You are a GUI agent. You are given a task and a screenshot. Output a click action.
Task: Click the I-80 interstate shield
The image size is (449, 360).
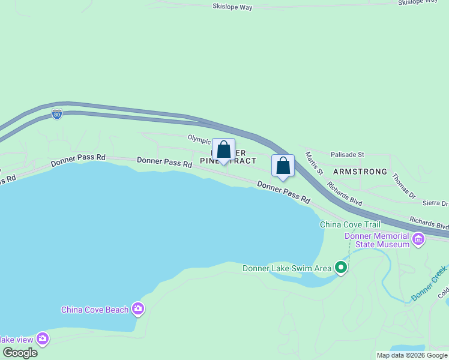pos(56,113)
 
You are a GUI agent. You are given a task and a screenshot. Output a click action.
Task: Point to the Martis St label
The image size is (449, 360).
pos(314,163)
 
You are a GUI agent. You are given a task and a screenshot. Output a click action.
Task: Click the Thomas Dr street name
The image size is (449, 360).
pos(403,186)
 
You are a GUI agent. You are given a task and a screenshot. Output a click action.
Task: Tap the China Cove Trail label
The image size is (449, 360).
pos(350,224)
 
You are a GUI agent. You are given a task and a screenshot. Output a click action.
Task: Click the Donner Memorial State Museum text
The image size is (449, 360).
pos(377,240)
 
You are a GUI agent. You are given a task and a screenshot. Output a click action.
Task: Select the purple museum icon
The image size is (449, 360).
pos(418,241)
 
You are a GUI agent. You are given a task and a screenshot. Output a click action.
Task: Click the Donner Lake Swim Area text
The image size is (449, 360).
pos(287,268)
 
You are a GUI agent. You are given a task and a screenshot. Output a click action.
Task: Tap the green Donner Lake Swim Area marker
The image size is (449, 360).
pos(341,267)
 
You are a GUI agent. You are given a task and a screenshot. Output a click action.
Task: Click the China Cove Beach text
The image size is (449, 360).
pos(95,310)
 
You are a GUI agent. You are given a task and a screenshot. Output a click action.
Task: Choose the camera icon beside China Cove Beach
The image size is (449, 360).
pos(139,309)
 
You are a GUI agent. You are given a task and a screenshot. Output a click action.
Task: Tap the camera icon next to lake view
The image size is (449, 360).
pos(43,338)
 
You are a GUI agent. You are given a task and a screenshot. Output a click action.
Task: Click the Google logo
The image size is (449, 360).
pos(20,353)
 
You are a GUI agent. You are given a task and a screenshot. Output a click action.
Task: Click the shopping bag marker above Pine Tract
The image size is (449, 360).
pos(223,150)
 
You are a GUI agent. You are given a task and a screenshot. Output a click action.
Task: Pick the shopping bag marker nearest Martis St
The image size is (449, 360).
pos(283,166)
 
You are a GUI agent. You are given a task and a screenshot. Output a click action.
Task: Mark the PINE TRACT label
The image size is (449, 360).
pos(228,161)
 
